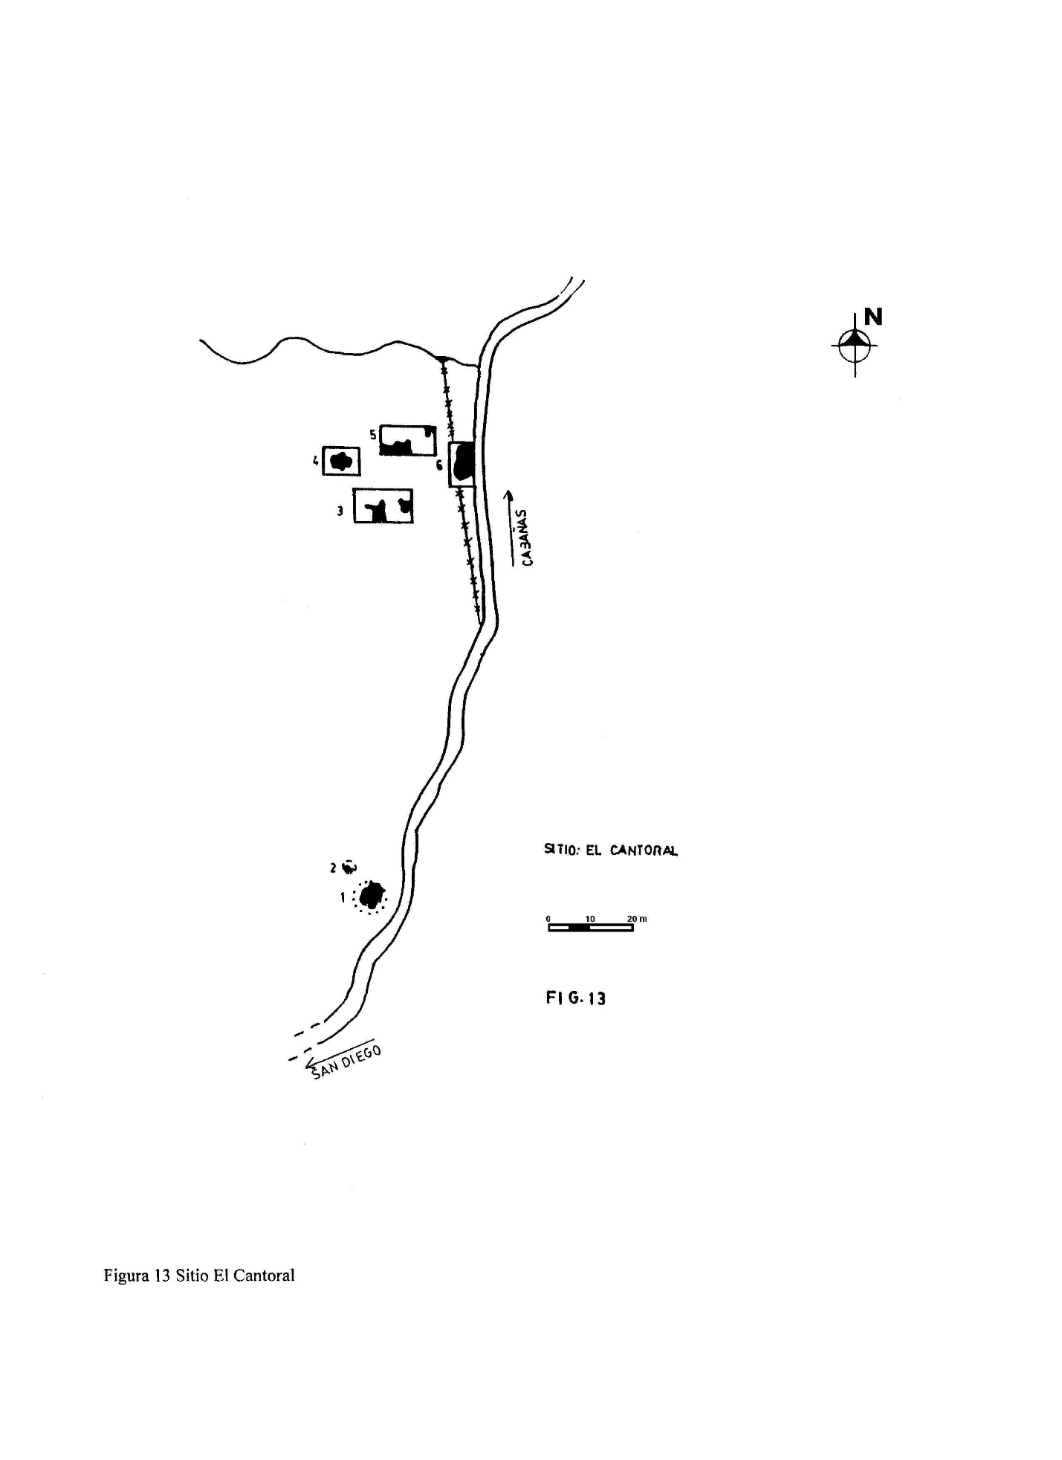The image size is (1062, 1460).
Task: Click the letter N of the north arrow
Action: tap(873, 317)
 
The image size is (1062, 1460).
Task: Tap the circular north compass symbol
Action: tap(855, 345)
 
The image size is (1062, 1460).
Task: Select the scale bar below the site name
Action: tap(591, 928)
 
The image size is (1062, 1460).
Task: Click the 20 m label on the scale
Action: tap(637, 919)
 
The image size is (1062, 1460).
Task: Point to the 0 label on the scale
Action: tap(548, 919)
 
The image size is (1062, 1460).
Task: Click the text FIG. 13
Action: tap(576, 998)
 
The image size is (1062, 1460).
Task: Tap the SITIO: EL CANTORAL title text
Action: tap(611, 850)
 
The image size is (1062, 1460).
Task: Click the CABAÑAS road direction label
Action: tap(526, 537)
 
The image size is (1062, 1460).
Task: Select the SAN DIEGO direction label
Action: tap(347, 1062)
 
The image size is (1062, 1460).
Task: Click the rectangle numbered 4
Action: tap(341, 462)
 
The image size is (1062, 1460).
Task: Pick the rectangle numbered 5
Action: tap(408, 440)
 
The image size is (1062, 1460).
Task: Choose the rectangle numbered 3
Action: tap(383, 506)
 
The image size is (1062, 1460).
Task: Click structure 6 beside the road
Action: tap(462, 464)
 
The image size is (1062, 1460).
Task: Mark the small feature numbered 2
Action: tap(349, 866)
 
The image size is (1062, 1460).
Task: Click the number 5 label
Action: tap(373, 434)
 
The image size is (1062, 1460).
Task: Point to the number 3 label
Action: tap(340, 511)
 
